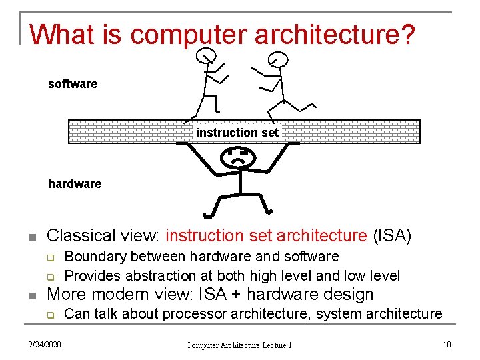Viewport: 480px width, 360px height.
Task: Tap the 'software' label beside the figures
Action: pos(73,84)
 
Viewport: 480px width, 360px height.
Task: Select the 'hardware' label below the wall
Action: pos(75,184)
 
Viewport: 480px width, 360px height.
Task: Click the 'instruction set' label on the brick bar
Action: pos(237,133)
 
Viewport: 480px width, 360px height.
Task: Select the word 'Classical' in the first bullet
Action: pos(79,236)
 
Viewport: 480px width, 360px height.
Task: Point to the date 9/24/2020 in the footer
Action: pos(44,344)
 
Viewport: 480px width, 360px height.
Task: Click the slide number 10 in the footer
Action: pos(446,344)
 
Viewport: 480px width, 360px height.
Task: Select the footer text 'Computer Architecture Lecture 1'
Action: pos(239,345)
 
